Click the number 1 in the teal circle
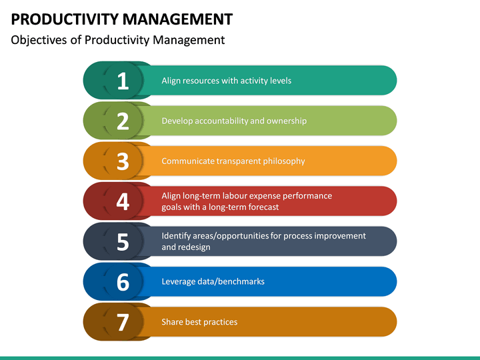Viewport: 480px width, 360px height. pyautogui.click(x=123, y=81)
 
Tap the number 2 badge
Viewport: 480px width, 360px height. pyautogui.click(x=123, y=121)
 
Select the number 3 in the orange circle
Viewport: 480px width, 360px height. pyautogui.click(x=123, y=161)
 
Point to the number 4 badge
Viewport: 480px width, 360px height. pyautogui.click(x=123, y=201)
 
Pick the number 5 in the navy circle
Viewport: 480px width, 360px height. pyautogui.click(x=123, y=242)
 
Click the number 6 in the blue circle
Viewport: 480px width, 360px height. pyautogui.click(x=123, y=282)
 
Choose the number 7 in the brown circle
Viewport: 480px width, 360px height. pyautogui.click(x=123, y=322)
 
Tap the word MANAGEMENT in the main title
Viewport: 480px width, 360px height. pyautogui.click(x=178, y=19)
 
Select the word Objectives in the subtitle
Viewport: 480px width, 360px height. pyautogui.click(x=39, y=40)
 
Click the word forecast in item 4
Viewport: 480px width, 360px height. pyautogui.click(x=263, y=207)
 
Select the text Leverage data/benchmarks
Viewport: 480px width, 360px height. pyautogui.click(x=213, y=281)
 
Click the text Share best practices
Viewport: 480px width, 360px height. pyautogui.click(x=199, y=322)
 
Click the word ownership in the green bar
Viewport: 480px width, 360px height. pyautogui.click(x=287, y=121)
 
